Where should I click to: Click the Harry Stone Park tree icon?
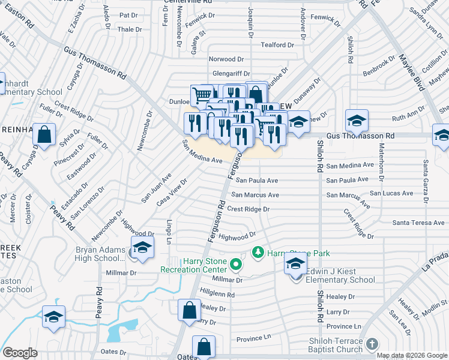pyautogui.click(x=258, y=252)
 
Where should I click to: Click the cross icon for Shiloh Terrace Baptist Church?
pyautogui.click(x=372, y=343)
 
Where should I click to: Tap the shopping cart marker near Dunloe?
pyautogui.click(x=202, y=95)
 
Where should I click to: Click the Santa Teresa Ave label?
pyautogui.click(x=418, y=223)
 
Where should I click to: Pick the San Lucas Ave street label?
pyautogui.click(x=391, y=193)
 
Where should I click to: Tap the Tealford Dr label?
pyautogui.click(x=277, y=45)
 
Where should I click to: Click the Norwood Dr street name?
pyautogui.click(x=226, y=59)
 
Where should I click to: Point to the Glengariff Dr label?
pyautogui.click(x=231, y=73)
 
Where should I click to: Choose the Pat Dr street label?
pyautogui.click(x=128, y=15)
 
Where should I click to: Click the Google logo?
pyautogui.click(x=19, y=353)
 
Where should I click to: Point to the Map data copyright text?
pyautogui.click(x=412, y=355)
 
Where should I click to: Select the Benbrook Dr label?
pyautogui.click(x=378, y=67)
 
